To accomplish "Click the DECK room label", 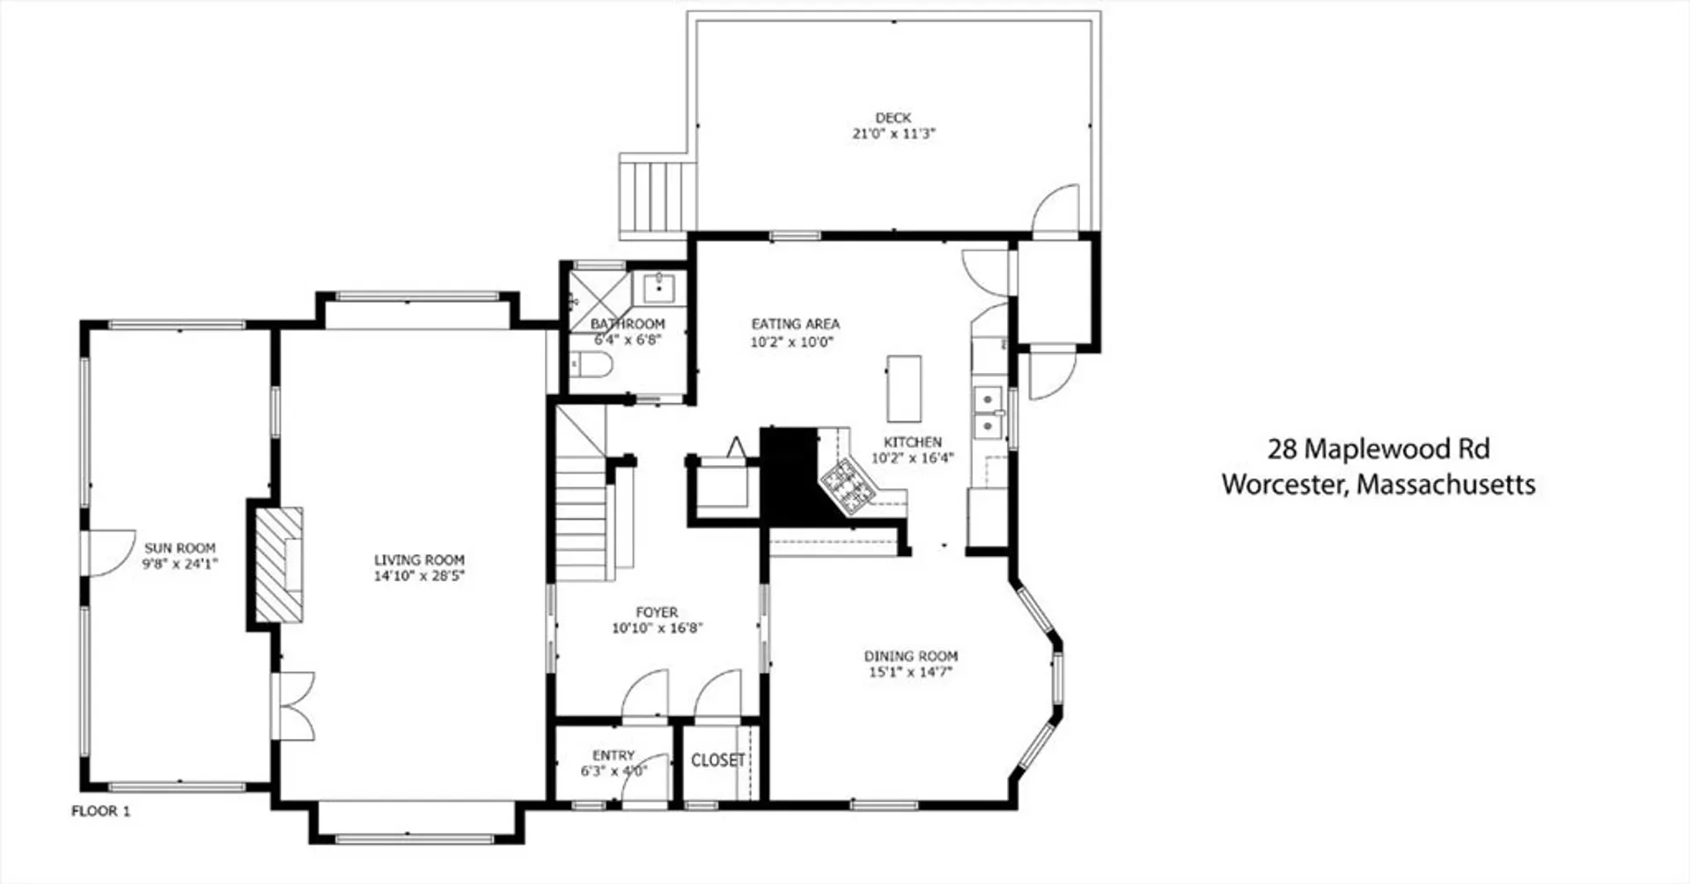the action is point(893,117).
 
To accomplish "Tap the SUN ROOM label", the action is point(180,548).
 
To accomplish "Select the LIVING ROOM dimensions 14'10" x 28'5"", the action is point(419,576).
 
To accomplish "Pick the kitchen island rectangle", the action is point(904,389).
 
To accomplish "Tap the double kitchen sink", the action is point(989,413).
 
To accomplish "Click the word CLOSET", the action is point(718,760).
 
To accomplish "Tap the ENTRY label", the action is point(614,756).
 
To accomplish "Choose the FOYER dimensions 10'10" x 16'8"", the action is point(657,628).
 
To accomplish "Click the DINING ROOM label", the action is point(910,656).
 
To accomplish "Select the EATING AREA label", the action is point(795,324).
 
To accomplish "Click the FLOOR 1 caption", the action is point(100,811).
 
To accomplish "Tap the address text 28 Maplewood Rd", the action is point(1378,449).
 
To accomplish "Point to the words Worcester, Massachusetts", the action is point(1378,485).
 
